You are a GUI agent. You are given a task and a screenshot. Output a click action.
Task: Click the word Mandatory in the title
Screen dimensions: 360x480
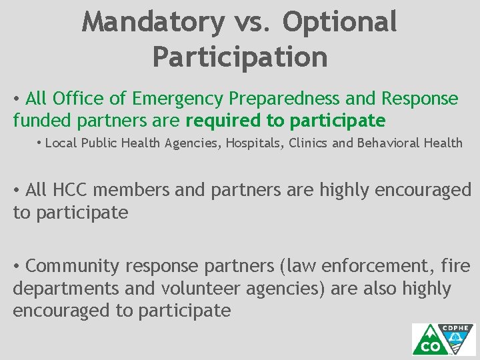pos(154,22)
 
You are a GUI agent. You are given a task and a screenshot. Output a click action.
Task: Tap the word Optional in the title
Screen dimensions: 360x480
pos(340,22)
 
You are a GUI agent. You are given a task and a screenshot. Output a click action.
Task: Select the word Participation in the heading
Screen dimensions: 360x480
pos(240,57)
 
